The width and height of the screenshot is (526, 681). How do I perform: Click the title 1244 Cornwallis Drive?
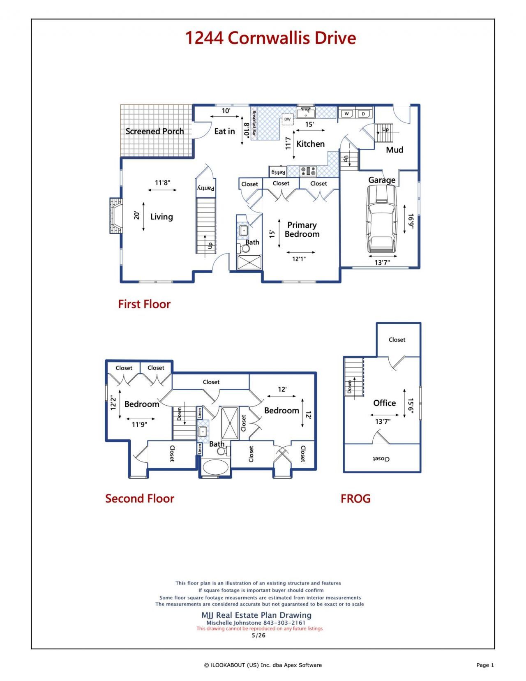(271, 38)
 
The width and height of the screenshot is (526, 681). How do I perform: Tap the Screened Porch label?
(155, 132)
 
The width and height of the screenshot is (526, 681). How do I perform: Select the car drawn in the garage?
(381, 218)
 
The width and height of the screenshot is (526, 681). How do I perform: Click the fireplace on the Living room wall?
(115, 216)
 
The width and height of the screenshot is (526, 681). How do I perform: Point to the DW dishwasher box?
(287, 119)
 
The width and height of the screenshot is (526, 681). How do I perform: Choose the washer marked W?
(346, 113)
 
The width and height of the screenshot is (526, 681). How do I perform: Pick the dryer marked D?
(363, 113)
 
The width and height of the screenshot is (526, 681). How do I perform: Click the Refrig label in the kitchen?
(278, 172)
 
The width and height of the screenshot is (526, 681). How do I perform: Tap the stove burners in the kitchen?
(308, 171)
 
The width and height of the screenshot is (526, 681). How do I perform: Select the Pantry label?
(206, 188)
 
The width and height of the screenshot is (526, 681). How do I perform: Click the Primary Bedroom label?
(302, 229)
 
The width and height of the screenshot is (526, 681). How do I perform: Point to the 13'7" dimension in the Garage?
(382, 262)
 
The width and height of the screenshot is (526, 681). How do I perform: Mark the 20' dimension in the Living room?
(136, 215)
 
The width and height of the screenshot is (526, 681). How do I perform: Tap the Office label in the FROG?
(384, 403)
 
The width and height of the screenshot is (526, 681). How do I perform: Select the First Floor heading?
(144, 304)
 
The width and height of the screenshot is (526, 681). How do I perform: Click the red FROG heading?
(355, 498)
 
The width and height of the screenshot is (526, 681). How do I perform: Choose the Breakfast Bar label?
(254, 123)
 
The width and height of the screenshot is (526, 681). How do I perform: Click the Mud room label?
(394, 150)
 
